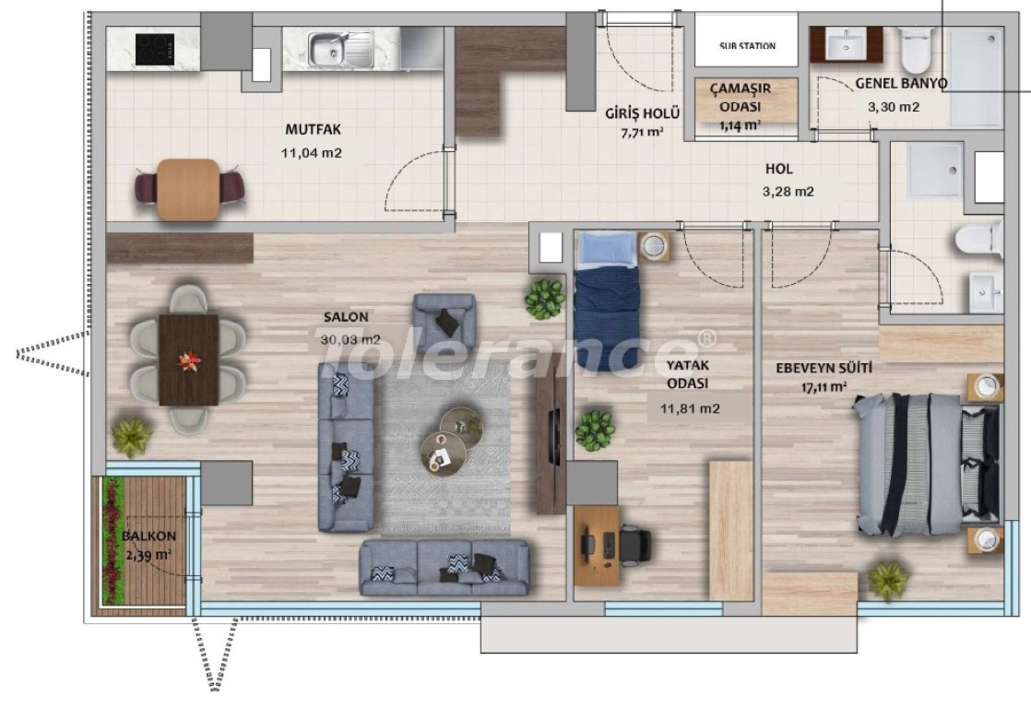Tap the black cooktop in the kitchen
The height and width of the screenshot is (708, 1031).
click(x=155, y=49)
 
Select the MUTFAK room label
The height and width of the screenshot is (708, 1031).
click(x=313, y=129)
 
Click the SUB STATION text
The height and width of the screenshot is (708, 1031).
click(x=747, y=45)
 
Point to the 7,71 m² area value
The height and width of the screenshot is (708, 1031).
click(x=642, y=132)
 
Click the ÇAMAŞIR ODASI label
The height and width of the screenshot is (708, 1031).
click(x=741, y=97)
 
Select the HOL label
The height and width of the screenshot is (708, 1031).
click(x=779, y=169)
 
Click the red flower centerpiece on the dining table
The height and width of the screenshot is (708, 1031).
click(x=189, y=360)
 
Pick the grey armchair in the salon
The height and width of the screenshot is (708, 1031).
click(x=444, y=322)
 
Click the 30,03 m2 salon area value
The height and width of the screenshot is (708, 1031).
click(x=350, y=340)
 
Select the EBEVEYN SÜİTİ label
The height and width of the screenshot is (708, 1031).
click(x=824, y=368)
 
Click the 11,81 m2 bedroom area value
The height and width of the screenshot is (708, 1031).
click(x=690, y=408)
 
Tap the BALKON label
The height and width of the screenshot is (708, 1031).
click(x=148, y=536)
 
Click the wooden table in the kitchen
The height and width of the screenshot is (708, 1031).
click(x=188, y=189)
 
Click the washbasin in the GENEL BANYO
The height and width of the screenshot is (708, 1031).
click(x=846, y=45)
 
